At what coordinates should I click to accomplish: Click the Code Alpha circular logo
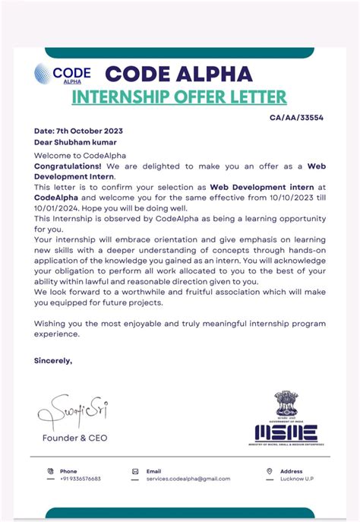pos(43,74)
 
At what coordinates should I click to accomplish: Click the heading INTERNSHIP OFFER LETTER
pos(179,97)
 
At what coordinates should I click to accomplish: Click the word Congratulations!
pos(69,165)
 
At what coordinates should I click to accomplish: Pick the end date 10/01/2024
pos(57,205)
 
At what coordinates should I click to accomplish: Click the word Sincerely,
pos(53,360)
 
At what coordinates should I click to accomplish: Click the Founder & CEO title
pos(74,438)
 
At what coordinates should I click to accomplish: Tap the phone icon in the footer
pos(50,471)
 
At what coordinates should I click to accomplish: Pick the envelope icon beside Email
pos(135,471)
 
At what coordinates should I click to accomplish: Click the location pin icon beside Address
pos(260,471)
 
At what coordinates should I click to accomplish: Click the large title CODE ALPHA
pos(179,74)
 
